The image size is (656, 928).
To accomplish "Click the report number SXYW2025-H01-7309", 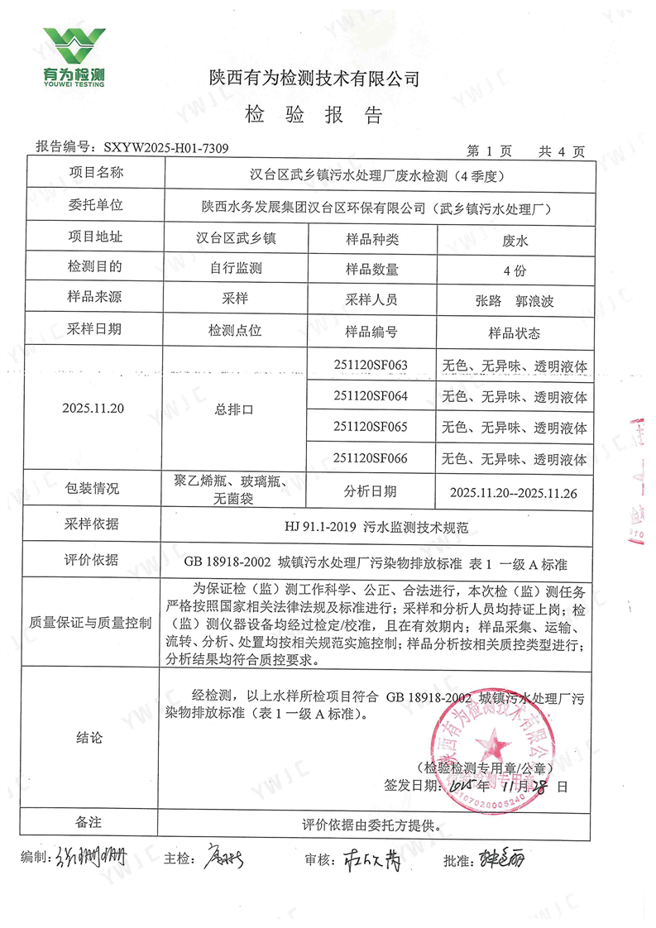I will (166, 148).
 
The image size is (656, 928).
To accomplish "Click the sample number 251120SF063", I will (371, 364).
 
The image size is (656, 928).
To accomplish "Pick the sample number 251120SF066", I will (371, 457).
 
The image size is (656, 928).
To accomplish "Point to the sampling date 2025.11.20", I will (94, 408).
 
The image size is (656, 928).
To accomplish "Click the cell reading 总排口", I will (235, 409).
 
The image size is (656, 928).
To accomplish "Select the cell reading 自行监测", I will (235, 269).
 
